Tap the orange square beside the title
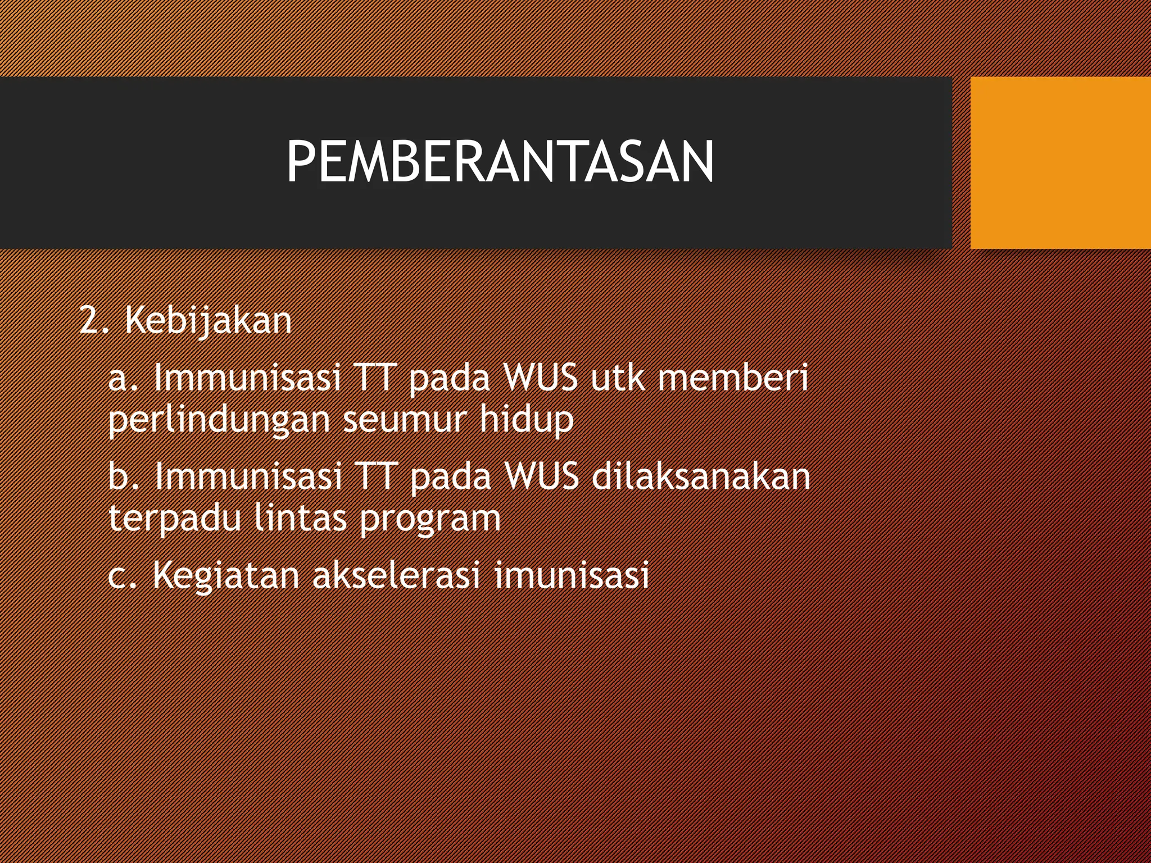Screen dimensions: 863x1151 click(1061, 163)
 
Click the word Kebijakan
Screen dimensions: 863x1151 click(208, 321)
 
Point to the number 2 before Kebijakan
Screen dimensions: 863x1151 click(89, 321)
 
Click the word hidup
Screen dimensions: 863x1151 click(527, 420)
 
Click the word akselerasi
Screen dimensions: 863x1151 click(396, 575)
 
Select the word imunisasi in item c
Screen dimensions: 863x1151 click(572, 575)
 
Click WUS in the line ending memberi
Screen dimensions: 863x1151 click(541, 377)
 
